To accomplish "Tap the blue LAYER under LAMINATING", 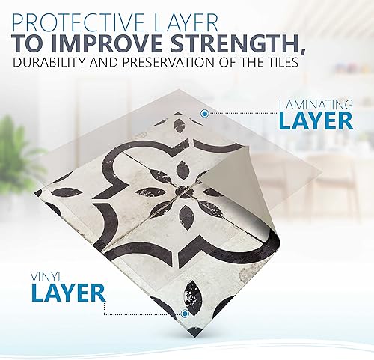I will [316, 120].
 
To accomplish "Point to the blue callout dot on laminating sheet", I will [204, 114].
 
